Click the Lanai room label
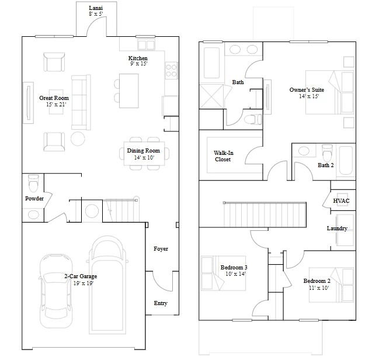[x=96, y=8]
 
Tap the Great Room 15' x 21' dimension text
[x=56, y=105]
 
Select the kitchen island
[x=129, y=91]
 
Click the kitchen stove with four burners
[x=171, y=71]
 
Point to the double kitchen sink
[x=146, y=45]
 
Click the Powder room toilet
[x=33, y=183]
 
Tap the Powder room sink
[x=33, y=214]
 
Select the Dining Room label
[x=143, y=151]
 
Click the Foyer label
[x=161, y=249]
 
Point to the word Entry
[x=161, y=303]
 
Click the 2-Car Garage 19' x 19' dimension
[x=84, y=283]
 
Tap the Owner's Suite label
[x=307, y=90]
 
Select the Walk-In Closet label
[x=223, y=156]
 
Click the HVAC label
[x=341, y=201]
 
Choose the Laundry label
[x=337, y=229]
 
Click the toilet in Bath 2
[x=327, y=153]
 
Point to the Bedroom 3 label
[x=234, y=267]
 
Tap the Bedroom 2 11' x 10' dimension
[x=319, y=288]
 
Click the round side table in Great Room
[x=78, y=139]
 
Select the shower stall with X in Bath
[x=211, y=96]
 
